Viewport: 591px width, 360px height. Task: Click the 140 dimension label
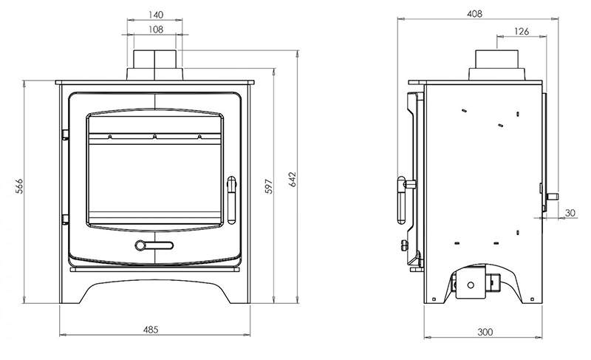[155, 14]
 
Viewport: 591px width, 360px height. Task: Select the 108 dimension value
[155, 30]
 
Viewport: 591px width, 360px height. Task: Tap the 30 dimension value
[569, 213]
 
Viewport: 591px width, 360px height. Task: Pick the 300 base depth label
[484, 332]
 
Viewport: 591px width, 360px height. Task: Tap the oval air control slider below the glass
[154, 245]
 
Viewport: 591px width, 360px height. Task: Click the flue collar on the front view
[155, 64]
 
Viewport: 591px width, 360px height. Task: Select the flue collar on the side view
[497, 64]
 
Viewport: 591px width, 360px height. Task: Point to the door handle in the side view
[403, 198]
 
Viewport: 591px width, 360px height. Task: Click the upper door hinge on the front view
[65, 135]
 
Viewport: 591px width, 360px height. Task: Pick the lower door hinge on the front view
[65, 219]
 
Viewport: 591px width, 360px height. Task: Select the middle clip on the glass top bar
[154, 137]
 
